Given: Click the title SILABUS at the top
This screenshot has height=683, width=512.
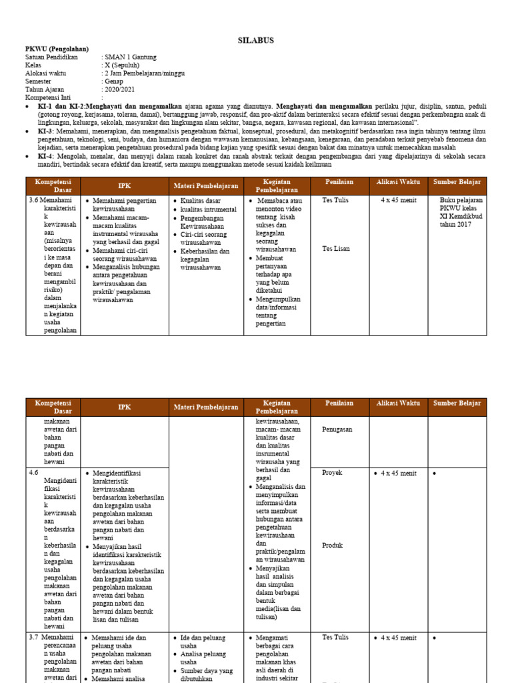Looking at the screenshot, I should tap(256, 41).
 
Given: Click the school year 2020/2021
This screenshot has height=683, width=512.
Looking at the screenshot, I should tap(119, 89).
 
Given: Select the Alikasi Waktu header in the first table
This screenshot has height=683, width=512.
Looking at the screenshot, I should tap(398, 182).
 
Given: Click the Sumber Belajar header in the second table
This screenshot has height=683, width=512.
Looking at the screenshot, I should tap(457, 404).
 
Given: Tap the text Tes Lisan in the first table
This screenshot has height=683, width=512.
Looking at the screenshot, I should tap(335, 249).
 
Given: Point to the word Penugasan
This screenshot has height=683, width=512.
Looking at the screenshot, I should tap(337, 430).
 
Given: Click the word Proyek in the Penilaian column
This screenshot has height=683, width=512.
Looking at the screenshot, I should tap(332, 473).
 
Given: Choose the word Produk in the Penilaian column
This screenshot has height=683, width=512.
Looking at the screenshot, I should tap(332, 545).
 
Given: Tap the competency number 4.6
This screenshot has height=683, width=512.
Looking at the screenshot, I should tap(34, 473).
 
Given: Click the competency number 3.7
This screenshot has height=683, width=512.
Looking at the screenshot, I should tap(34, 638).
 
